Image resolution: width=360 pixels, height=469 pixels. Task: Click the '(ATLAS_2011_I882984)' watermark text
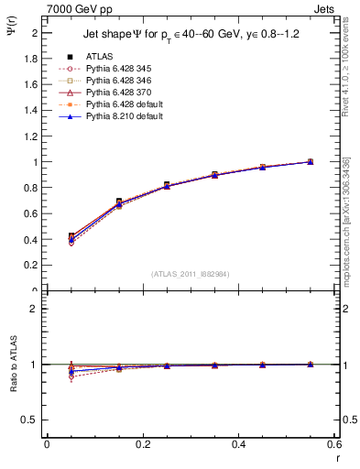[x=190, y=274]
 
